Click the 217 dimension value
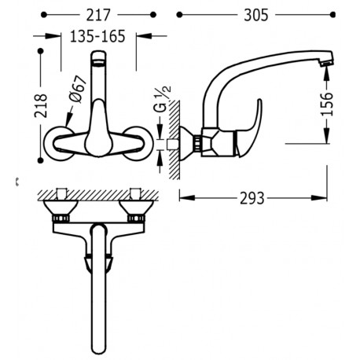(x=98, y=15)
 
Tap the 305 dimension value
(x=256, y=15)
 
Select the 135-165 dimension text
(x=97, y=36)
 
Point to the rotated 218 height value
(x=41, y=105)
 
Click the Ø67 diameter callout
(x=78, y=90)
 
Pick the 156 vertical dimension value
(x=326, y=104)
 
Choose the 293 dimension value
(x=252, y=198)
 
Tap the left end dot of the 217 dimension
(x=44, y=15)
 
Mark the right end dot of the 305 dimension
(x=332, y=15)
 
